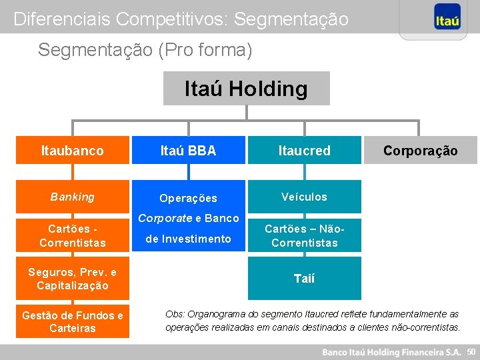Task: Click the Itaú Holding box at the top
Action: [246, 89]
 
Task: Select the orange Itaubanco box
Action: [73, 151]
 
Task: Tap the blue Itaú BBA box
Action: [188, 151]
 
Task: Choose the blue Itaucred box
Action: [304, 151]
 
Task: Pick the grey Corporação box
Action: [420, 151]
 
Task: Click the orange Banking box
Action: [73, 197]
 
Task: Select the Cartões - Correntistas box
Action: [73, 235]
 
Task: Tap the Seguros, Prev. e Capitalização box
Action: [73, 279]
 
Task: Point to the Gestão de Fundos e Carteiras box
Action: [73, 321]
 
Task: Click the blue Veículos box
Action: [304, 197]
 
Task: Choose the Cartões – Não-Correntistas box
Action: [304, 235]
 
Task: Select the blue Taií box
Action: [304, 279]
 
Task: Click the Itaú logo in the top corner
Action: [447, 19]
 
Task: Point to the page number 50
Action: [471, 351]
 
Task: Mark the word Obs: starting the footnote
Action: [175, 314]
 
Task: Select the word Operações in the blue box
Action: [188, 198]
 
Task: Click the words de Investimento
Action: [188, 239]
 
